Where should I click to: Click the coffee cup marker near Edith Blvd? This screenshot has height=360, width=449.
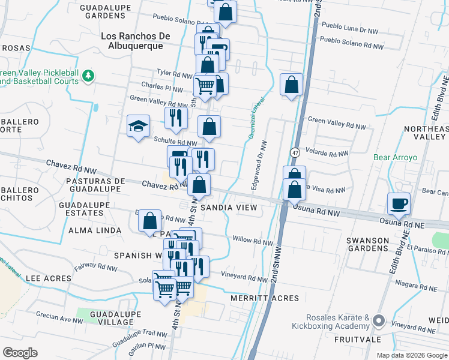(x=399, y=203)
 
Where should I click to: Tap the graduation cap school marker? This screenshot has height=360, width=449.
(x=138, y=127)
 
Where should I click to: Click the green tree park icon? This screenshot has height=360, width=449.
(x=89, y=75)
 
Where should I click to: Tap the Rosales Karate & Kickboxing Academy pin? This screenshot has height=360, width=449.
(x=378, y=321)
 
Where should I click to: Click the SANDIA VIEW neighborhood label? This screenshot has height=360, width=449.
(x=229, y=208)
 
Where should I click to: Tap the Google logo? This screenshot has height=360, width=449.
(x=20, y=353)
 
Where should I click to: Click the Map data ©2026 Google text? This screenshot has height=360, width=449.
(x=412, y=355)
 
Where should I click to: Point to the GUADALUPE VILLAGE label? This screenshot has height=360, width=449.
(x=111, y=318)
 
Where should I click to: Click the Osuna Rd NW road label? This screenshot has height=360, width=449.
(x=313, y=211)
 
